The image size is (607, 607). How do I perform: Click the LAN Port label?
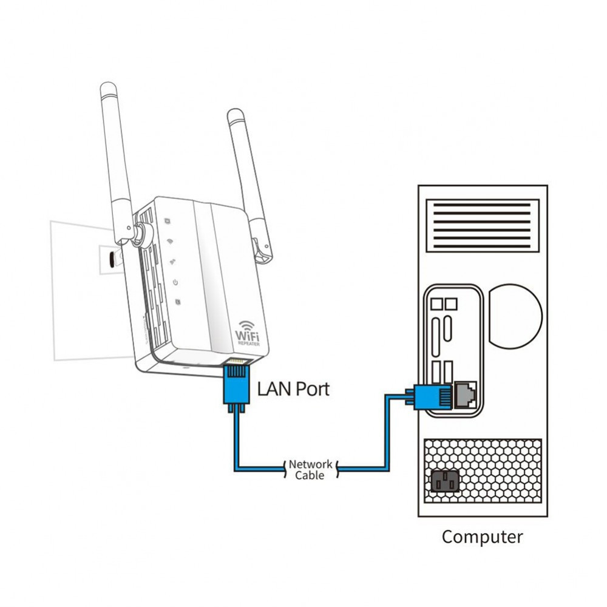[293, 388]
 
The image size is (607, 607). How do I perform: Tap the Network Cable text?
[310, 469]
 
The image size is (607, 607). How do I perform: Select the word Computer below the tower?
[482, 537]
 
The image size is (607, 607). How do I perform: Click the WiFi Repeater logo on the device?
[248, 333]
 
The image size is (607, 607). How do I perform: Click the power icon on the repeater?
[174, 282]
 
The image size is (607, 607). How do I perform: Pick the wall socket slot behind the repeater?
[110, 259]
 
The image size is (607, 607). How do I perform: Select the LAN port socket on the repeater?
[238, 363]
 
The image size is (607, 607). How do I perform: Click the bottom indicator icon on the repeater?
[176, 302]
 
